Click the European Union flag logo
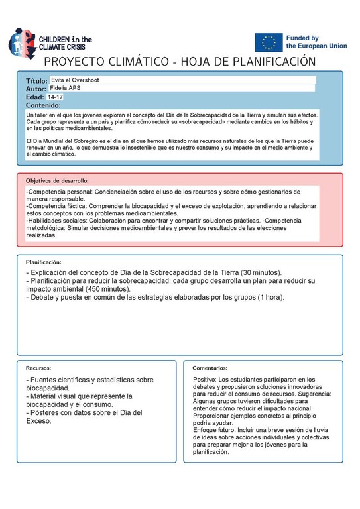[269, 42]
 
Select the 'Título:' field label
[36, 80]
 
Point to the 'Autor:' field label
[36, 88]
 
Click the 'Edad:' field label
[34, 97]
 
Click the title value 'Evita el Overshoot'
[75, 80]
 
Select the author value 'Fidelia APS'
[66, 88]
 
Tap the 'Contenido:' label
[43, 105]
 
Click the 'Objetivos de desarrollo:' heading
[57, 180]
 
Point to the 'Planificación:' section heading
[43, 262]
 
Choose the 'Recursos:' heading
[38, 367]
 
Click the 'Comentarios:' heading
[210, 367]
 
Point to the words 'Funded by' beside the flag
[302, 38]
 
